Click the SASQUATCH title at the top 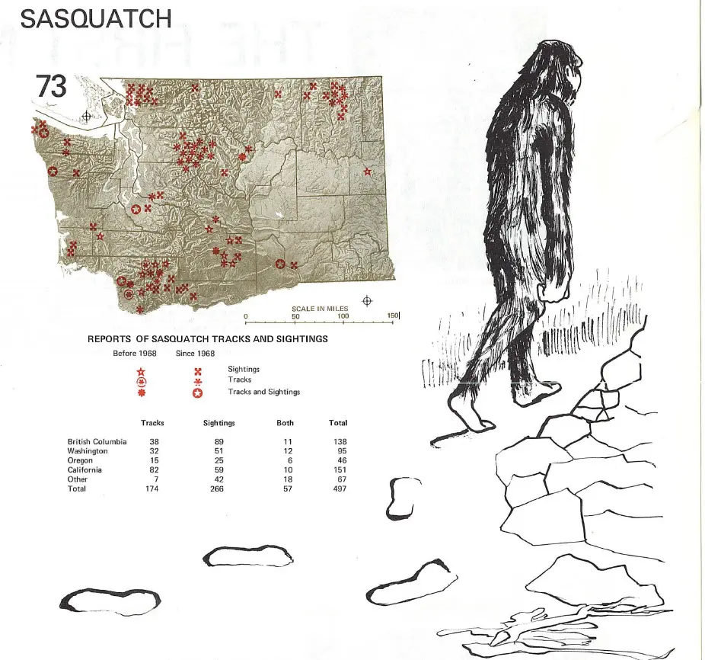(95, 18)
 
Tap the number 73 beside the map (51, 87)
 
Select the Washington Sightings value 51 (219, 451)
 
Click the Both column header (285, 423)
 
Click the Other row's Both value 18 (286, 479)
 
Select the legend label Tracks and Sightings (264, 392)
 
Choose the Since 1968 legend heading (195, 353)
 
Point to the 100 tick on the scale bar (343, 316)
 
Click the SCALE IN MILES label (320, 309)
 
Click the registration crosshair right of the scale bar (368, 300)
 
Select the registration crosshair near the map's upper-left (87, 116)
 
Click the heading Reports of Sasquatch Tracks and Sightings (207, 338)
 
